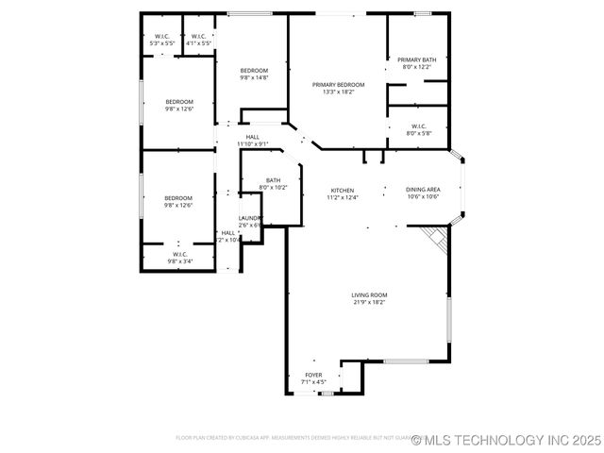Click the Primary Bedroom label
coord(337,85)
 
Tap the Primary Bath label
coord(416,60)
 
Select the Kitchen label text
coord(344,190)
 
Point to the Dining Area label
coord(423,190)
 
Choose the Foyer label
coord(313,375)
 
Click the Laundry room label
coord(249,218)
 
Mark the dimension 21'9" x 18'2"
coord(370,302)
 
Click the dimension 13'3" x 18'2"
coord(337,92)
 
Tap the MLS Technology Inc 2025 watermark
coord(507,440)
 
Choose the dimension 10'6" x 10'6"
coord(423,197)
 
